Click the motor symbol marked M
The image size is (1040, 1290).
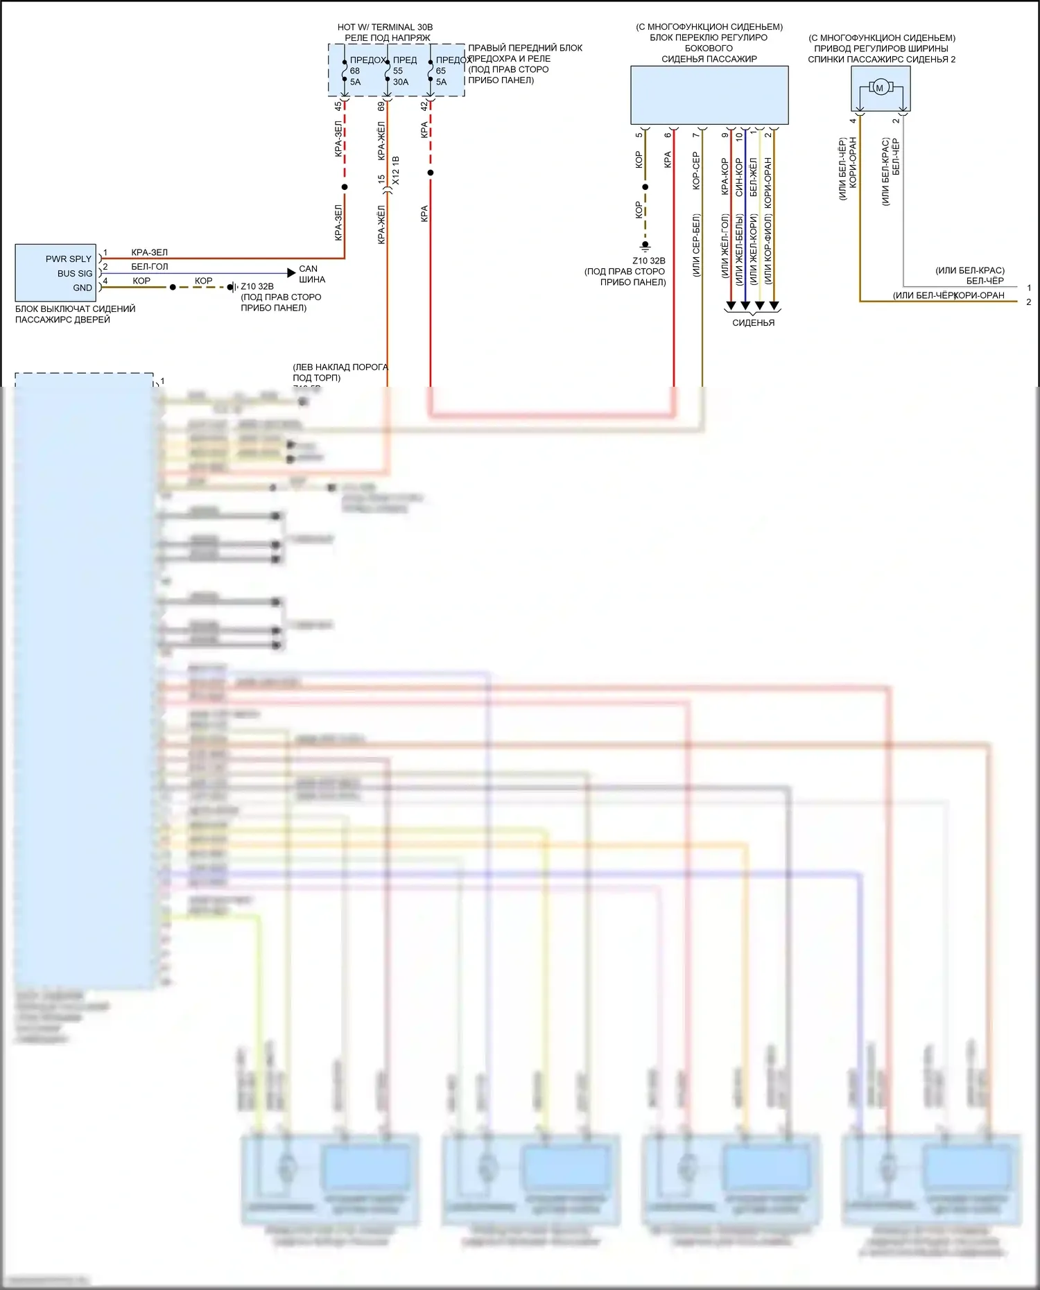880,88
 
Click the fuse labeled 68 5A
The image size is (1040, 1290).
345,71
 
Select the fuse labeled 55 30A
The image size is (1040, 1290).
388,71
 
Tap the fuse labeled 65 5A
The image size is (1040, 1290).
431,71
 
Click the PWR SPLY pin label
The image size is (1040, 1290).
69,259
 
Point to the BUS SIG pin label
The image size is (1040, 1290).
75,273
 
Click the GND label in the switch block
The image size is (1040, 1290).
83,288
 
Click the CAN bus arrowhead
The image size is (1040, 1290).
291,273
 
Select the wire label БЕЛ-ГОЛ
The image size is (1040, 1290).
150,267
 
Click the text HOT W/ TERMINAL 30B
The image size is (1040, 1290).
385,27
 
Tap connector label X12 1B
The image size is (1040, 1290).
396,170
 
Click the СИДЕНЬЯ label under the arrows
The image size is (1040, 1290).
753,322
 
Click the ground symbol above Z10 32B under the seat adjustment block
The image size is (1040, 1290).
645,245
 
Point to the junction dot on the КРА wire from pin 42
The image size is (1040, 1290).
431,173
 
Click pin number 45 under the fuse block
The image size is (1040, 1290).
338,106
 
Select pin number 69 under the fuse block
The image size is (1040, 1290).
381,106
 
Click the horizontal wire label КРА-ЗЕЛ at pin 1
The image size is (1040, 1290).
150,252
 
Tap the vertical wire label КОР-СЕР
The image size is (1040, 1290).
696,171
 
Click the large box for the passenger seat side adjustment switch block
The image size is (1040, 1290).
709,95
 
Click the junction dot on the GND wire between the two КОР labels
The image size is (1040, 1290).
173,287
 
